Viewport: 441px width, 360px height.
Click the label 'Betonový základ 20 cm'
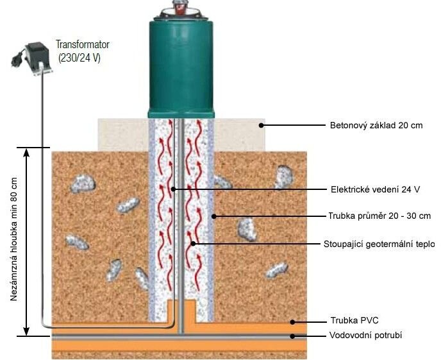coord(376,125)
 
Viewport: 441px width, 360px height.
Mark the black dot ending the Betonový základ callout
coord(263,125)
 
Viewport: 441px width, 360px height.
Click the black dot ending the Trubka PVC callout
coord(292,321)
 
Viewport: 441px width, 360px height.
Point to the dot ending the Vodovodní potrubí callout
coord(292,336)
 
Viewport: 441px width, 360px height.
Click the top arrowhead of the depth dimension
coord(27,152)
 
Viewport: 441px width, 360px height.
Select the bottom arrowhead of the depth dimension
coord(27,331)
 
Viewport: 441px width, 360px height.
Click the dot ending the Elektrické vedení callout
coord(174,189)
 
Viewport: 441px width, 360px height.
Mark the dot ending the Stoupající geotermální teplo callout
coord(194,244)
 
